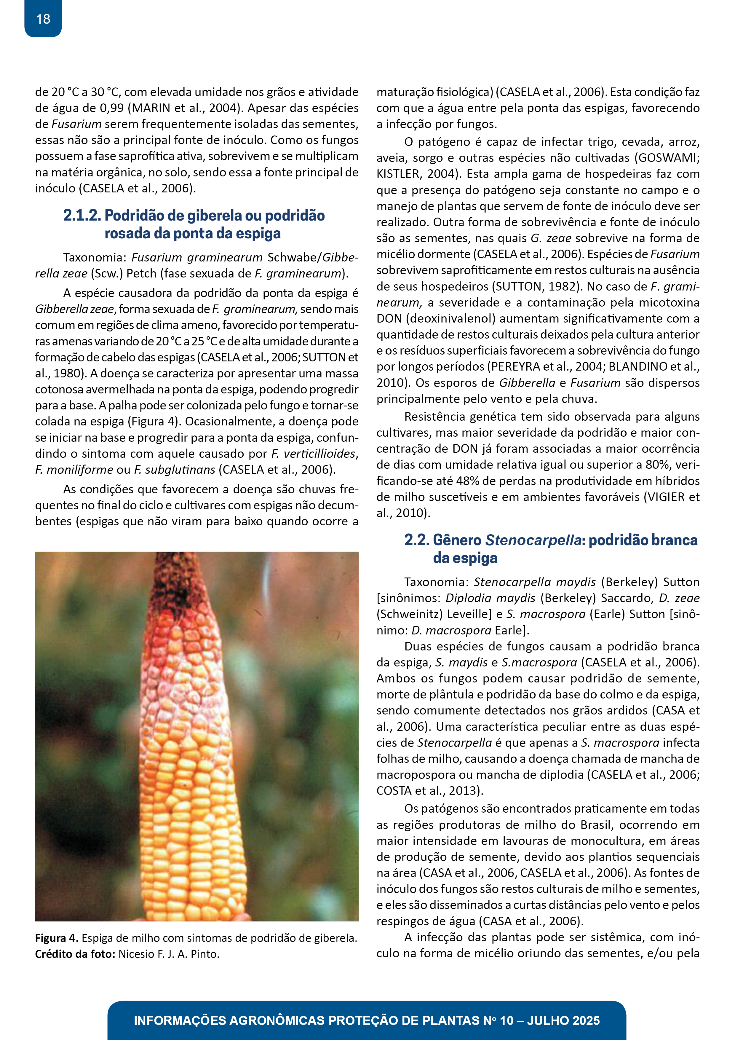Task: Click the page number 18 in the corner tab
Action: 43,19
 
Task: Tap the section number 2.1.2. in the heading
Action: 82,215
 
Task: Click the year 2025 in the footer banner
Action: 585,1020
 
